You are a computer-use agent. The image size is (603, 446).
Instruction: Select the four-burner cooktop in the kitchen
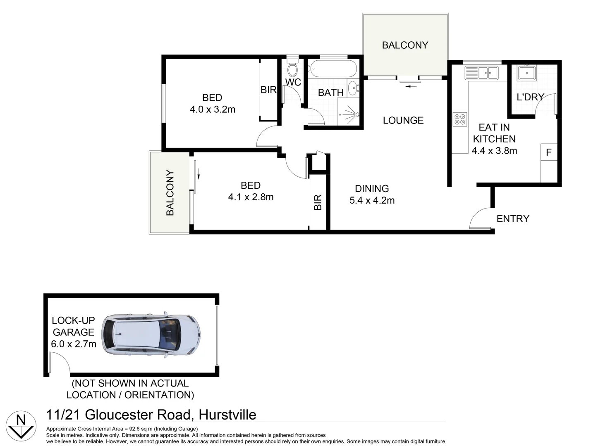coord(460,119)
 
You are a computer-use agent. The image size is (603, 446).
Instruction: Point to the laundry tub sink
coord(526,73)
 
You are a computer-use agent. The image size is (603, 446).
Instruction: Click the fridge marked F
coord(549,152)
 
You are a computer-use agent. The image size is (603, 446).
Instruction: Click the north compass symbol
coord(21,425)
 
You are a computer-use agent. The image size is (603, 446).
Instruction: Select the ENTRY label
coord(513,218)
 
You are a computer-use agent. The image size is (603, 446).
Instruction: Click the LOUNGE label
coord(403,120)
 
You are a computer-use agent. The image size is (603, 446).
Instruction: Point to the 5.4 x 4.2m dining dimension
coord(372,200)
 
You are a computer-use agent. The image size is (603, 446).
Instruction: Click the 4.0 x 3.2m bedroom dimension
coord(213,109)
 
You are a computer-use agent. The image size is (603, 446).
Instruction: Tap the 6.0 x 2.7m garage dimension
coord(74,344)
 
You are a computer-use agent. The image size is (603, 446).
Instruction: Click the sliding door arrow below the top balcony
coord(411,86)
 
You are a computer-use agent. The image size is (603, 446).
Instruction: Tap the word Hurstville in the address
coord(227,415)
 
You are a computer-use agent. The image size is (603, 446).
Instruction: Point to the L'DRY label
coord(530,97)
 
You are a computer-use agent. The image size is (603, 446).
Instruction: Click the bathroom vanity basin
coord(353,88)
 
